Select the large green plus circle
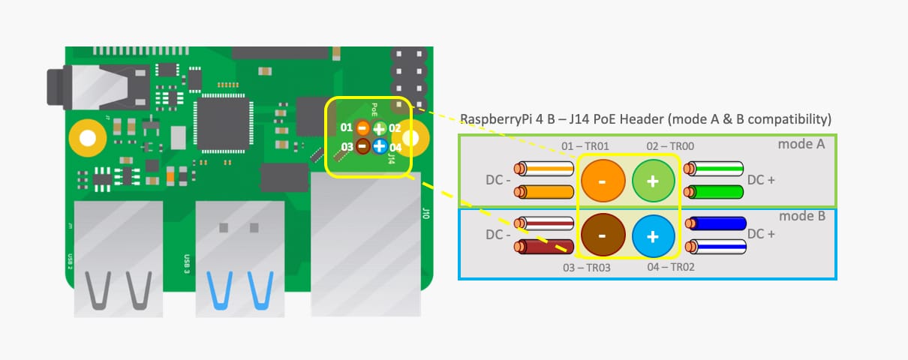click(x=653, y=180)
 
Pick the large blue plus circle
click(x=653, y=235)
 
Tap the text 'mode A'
click(x=801, y=144)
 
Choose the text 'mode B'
click(x=801, y=216)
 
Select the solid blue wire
click(x=717, y=223)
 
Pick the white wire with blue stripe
click(x=717, y=245)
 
